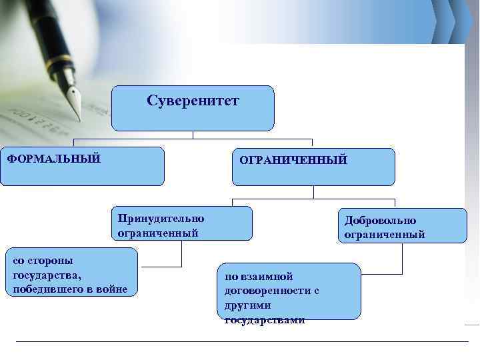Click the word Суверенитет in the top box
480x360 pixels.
pos(193,101)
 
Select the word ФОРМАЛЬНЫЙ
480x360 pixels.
pos(54,159)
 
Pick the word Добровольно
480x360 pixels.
pos(380,220)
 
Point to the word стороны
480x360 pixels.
pos(52,260)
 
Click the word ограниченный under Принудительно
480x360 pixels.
pos(158,233)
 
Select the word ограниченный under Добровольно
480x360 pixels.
pos(385,234)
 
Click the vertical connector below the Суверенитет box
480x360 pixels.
pos(193,135)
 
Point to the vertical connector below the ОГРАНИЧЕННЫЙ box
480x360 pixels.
pos(313,192)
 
